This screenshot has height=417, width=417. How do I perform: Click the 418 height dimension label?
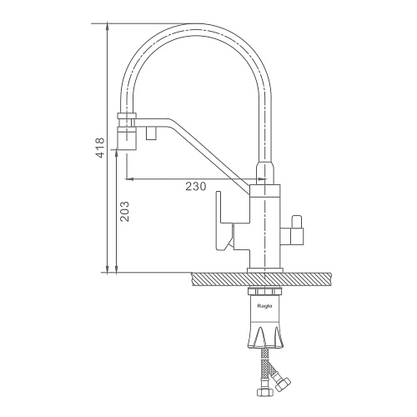pos(100,148)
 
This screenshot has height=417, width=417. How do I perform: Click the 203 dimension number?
pos(124,211)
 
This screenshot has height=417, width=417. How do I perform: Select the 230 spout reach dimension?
pos(196,186)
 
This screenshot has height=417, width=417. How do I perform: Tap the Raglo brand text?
pos(264,306)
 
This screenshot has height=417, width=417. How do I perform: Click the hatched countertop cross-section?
pos(261,279)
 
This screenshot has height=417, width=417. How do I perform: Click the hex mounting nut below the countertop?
pos(264,292)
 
